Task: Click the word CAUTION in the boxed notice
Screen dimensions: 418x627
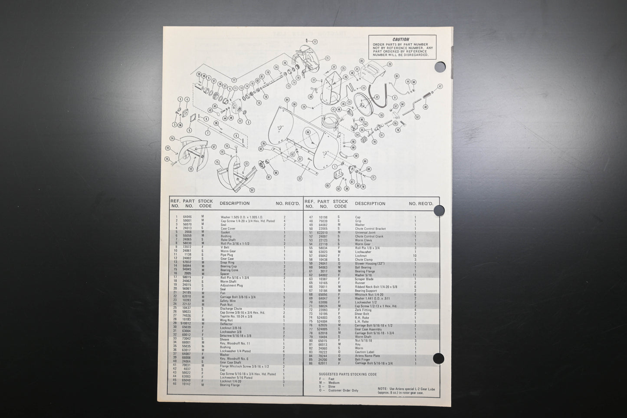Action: click(400, 39)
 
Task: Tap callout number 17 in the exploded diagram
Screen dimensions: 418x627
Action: click(315, 42)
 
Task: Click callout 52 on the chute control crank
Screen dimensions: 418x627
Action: click(417, 117)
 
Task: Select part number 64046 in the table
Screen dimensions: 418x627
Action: click(187, 217)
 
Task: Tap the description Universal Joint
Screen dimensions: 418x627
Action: click(365, 233)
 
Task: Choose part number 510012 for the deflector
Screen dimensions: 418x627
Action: click(187, 324)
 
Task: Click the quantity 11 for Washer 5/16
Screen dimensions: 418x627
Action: click(415, 275)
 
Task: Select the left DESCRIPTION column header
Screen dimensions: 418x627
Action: click(234, 203)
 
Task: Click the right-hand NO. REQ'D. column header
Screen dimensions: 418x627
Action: click(420, 203)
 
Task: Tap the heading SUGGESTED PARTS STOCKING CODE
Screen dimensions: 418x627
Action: click(348, 374)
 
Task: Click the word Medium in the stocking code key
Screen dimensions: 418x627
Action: click(335, 383)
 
